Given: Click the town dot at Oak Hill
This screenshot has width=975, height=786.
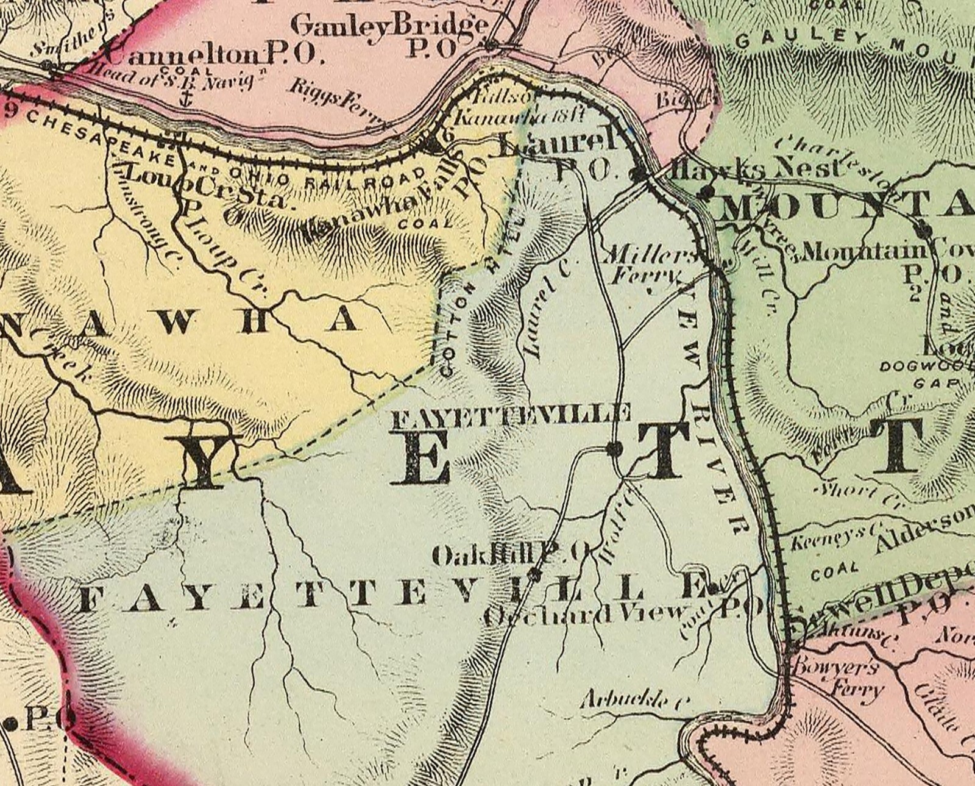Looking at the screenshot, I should coord(534,574).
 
